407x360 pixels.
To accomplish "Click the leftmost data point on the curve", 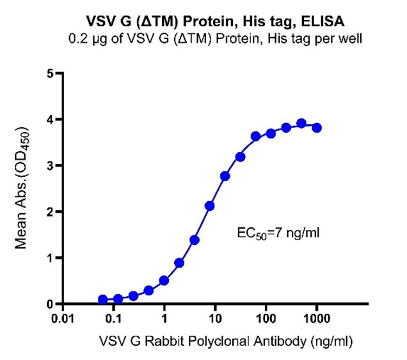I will click(x=103, y=299).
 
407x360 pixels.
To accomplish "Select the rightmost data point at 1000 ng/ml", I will click(x=317, y=127).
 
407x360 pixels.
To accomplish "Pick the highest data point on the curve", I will click(x=301, y=123).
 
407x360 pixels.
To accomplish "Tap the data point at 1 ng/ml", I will click(x=164, y=281).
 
